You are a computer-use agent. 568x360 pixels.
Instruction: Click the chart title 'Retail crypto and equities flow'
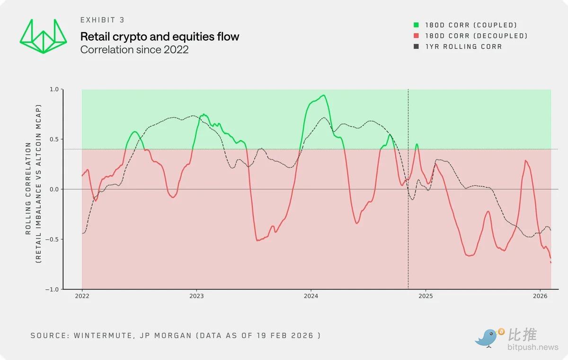tap(160, 36)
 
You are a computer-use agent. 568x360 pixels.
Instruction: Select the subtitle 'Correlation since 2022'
tap(134, 49)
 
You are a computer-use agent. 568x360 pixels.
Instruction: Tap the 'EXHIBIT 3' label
tap(102, 20)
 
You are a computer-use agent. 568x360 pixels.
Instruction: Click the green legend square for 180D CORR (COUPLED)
tap(416, 25)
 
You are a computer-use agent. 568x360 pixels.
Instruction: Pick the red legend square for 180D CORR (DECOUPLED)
tap(416, 36)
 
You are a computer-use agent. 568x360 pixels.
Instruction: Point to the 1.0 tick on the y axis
tap(54, 89)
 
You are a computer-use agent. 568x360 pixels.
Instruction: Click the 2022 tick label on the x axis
tap(82, 297)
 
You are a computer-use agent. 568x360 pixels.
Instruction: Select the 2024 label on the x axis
tap(311, 297)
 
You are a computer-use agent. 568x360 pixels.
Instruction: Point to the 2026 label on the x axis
tap(540, 297)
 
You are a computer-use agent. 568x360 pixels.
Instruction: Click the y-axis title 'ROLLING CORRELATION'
tap(29, 188)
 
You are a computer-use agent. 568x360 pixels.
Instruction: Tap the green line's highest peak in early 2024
tap(323, 96)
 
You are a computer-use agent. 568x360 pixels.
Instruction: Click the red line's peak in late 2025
tap(526, 161)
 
